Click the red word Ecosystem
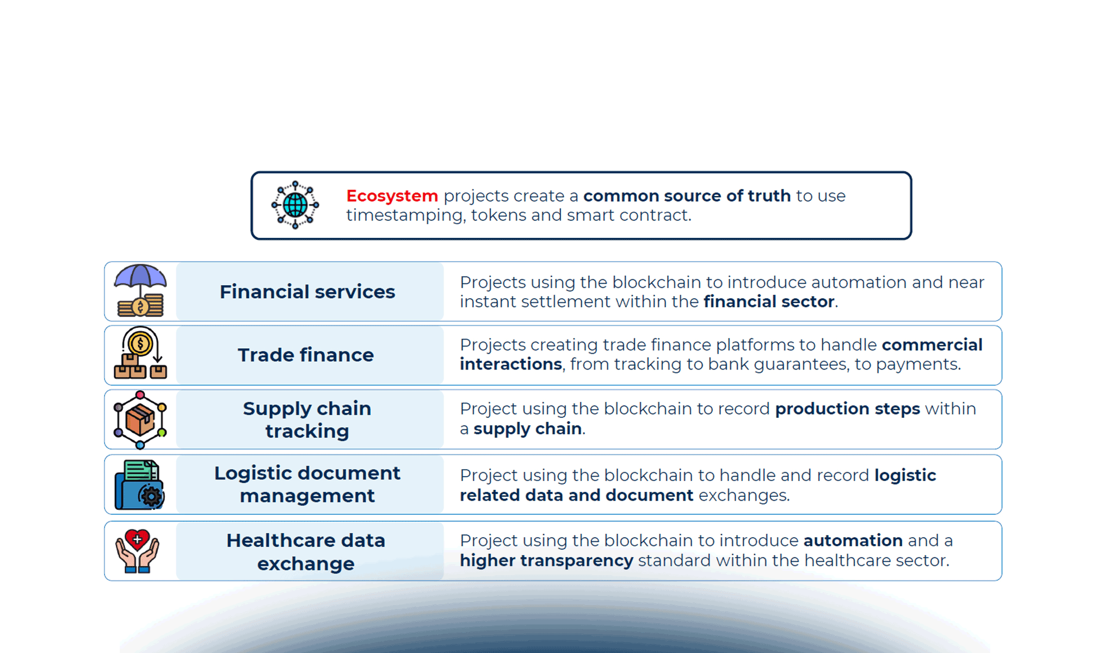(392, 196)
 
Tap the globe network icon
(295, 205)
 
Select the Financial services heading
(307, 292)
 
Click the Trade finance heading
(306, 355)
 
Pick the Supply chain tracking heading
(307, 420)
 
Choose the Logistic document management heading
(307, 484)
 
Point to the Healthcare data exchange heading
(306, 552)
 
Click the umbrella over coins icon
(140, 291)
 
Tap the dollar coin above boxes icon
(140, 354)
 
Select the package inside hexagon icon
(140, 420)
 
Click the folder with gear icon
(139, 485)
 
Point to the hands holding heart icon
(137, 551)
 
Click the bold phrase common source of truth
(687, 196)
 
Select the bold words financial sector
(769, 301)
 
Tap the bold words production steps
(847, 409)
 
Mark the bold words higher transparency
(546, 560)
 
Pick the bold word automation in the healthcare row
(853, 540)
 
